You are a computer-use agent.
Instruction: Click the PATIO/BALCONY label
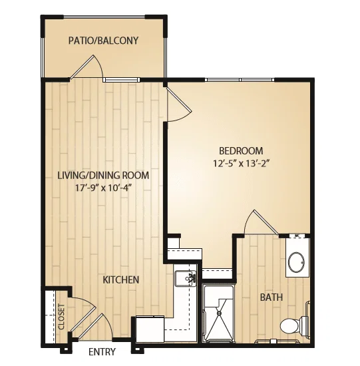click(x=103, y=41)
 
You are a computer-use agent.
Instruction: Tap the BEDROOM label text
click(x=241, y=151)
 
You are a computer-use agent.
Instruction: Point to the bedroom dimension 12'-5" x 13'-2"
click(x=242, y=164)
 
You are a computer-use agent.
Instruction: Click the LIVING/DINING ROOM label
click(x=103, y=175)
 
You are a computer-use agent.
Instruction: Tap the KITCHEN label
click(x=121, y=279)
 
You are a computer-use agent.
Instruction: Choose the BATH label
click(x=271, y=297)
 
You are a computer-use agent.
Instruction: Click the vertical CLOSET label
click(x=61, y=316)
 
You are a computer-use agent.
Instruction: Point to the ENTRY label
click(x=102, y=351)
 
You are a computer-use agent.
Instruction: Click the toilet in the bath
click(x=295, y=325)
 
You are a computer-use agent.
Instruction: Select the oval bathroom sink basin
click(x=296, y=262)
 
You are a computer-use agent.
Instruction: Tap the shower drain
click(x=219, y=313)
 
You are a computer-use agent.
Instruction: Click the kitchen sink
click(x=186, y=278)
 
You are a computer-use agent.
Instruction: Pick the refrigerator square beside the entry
click(x=150, y=329)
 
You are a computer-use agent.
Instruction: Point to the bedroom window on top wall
click(x=240, y=80)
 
